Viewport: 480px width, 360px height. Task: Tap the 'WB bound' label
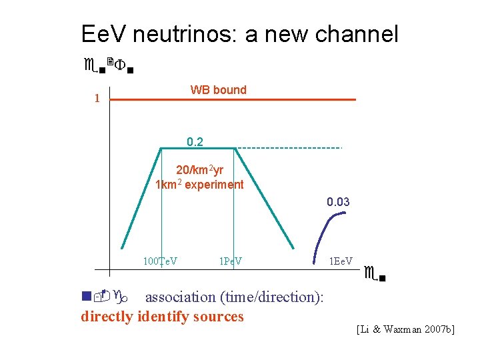click(x=218, y=90)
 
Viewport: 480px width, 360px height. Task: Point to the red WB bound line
click(x=233, y=100)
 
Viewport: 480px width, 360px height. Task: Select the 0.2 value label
click(x=195, y=141)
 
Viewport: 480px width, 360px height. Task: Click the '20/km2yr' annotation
click(x=199, y=170)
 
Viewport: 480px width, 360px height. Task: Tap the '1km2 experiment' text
click(x=199, y=185)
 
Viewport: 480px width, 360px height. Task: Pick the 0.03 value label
click(x=338, y=202)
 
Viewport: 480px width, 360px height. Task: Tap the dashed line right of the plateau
click(x=289, y=147)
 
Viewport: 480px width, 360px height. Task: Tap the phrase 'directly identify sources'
click(x=162, y=316)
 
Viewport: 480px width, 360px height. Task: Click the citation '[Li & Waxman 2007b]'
click(x=405, y=329)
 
